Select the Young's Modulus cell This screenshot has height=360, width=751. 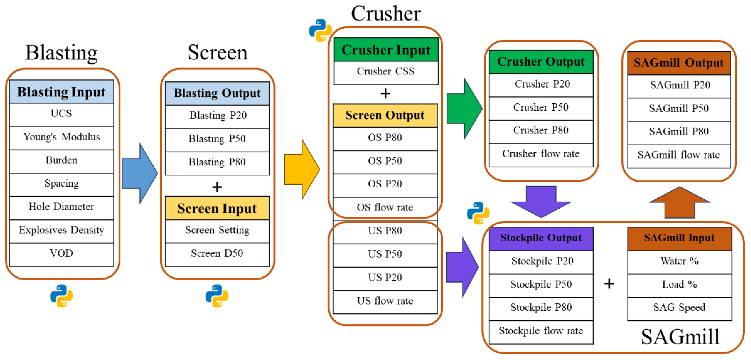(x=61, y=137)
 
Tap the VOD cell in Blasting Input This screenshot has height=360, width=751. (x=61, y=253)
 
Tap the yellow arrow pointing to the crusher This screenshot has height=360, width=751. (x=302, y=169)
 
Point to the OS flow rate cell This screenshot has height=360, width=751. (x=385, y=207)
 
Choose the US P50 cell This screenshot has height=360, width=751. (x=385, y=254)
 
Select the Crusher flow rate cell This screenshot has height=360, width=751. (x=541, y=154)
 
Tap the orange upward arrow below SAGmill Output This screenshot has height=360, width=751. (x=680, y=203)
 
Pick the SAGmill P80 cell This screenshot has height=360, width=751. (x=679, y=132)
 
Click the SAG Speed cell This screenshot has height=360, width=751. (x=680, y=308)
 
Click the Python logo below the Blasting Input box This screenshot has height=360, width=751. (x=61, y=296)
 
